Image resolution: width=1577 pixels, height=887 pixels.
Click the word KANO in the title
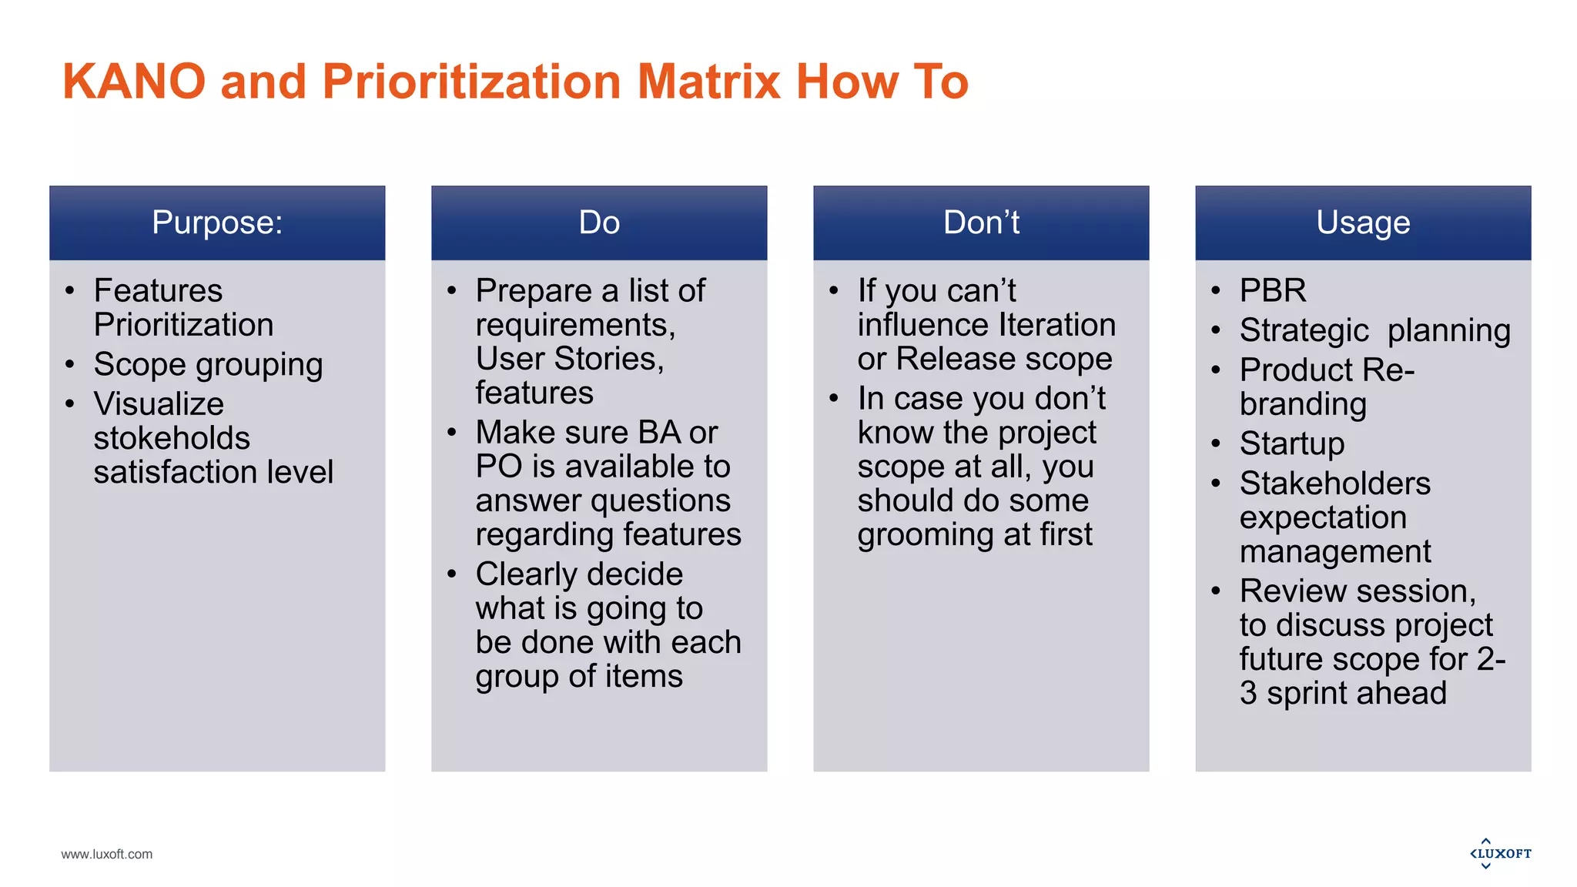(134, 82)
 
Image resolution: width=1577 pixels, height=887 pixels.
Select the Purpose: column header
(217, 223)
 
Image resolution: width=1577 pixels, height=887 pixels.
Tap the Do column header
(599, 223)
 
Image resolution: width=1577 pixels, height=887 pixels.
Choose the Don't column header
(981, 223)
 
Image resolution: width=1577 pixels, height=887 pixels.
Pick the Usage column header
(1363, 223)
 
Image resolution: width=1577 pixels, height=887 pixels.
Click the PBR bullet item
(1273, 291)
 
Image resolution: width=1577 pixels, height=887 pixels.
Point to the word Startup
(1292, 443)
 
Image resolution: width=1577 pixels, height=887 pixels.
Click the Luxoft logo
(1500, 853)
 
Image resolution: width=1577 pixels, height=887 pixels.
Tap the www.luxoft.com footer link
(107, 854)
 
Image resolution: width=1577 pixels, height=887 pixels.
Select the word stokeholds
(172, 438)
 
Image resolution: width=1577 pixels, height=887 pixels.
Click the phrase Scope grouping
(208, 365)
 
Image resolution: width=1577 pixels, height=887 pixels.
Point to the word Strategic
(1304, 331)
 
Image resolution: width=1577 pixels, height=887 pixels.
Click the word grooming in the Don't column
(918, 535)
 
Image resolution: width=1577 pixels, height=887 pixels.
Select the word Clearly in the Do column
(527, 574)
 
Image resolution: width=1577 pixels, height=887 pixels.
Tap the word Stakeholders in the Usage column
(1335, 484)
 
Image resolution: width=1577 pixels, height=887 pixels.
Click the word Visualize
(159, 404)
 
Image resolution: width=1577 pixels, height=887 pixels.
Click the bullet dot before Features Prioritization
(70, 291)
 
